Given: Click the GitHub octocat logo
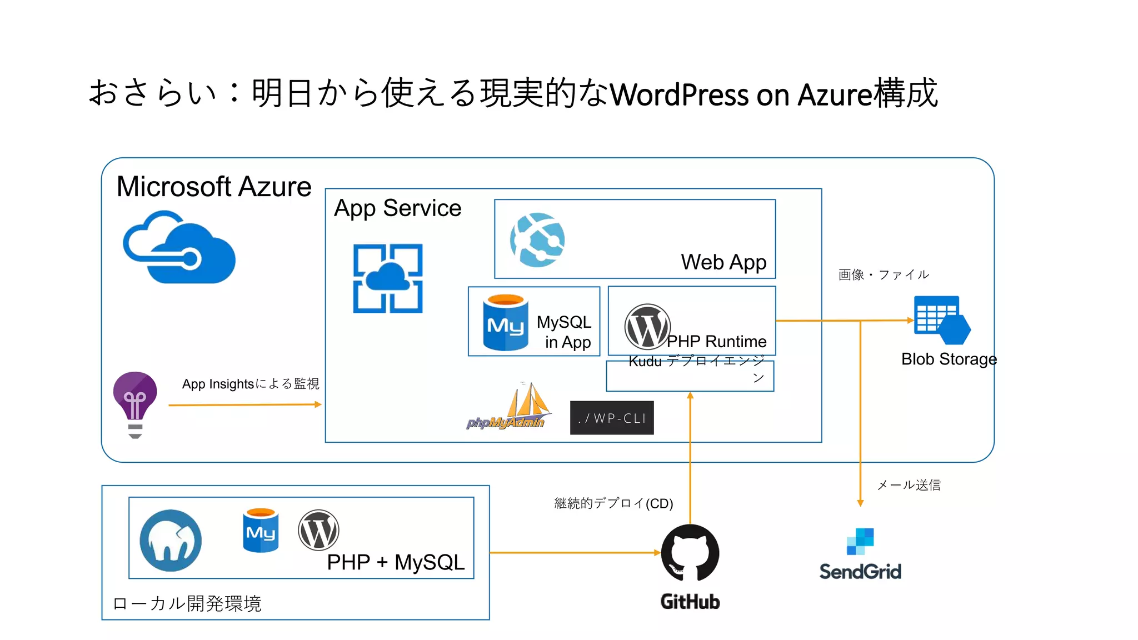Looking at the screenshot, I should (690, 553).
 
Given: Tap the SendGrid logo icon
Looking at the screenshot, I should (860, 541).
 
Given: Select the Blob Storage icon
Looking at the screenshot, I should (941, 320).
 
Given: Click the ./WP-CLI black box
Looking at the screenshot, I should (612, 418).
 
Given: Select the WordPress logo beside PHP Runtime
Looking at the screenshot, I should (647, 327).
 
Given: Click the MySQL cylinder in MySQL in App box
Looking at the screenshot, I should (505, 323).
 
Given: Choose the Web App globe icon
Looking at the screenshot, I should (537, 239).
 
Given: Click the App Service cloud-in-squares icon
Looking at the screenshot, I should (388, 278).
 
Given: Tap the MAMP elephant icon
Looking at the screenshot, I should (171, 540).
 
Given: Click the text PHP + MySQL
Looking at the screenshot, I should (396, 562).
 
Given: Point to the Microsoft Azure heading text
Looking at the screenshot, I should (214, 187).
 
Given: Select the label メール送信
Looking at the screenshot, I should (909, 485).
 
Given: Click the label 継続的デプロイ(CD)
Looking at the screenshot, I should (613, 503).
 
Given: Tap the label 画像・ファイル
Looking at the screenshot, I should (884, 274).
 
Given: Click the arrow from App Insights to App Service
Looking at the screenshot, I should (244, 405).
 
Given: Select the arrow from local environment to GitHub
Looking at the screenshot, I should (575, 553).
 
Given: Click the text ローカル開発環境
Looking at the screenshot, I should (187, 603).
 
